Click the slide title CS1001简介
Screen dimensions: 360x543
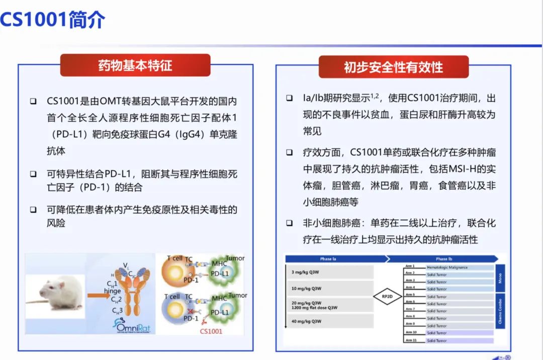[x=53, y=20]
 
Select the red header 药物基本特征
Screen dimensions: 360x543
[x=135, y=65]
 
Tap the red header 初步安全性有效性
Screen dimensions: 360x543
[x=393, y=67]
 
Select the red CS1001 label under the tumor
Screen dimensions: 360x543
[x=211, y=331]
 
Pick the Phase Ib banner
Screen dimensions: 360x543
[x=441, y=259]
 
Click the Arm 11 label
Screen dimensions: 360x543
[x=412, y=340]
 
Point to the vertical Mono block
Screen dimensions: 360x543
[x=500, y=278]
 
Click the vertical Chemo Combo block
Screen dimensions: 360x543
[x=500, y=310]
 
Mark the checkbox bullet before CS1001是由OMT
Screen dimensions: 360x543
[x=33, y=101]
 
